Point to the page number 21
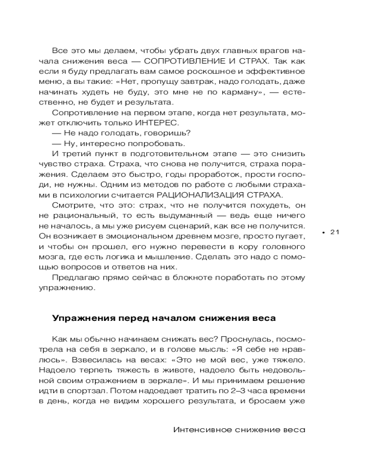tap(335, 232)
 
